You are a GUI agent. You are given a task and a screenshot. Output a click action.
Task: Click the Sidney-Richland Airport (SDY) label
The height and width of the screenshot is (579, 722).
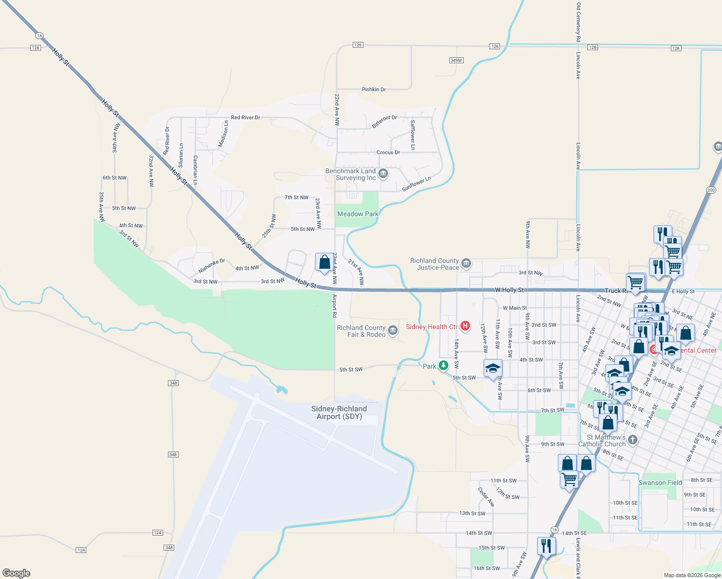click(339, 413)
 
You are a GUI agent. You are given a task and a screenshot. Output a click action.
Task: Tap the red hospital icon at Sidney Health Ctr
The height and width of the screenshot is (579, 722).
click(465, 326)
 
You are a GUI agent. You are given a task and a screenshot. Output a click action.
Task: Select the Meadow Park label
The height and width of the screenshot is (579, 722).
click(358, 214)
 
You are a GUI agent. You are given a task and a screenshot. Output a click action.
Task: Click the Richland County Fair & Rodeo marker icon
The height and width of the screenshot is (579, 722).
click(393, 331)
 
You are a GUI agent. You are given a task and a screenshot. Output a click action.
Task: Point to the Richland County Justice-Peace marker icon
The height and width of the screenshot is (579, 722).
click(466, 263)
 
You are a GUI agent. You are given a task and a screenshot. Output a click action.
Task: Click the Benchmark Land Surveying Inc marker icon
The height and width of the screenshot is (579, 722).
click(383, 174)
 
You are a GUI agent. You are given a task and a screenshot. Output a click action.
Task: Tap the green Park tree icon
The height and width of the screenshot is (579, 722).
click(443, 366)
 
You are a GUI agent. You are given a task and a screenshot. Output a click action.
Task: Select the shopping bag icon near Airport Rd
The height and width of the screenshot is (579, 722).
click(324, 262)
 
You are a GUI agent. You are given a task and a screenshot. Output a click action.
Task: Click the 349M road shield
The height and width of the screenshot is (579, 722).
click(456, 60)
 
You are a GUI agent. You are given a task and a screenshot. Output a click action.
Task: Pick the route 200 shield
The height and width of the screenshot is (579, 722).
click(711, 190)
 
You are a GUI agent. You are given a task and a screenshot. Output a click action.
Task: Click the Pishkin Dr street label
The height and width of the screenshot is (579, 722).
click(374, 89)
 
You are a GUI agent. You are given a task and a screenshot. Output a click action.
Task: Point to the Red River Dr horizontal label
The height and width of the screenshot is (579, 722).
click(246, 117)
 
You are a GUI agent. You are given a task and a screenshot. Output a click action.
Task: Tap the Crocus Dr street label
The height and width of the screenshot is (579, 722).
click(388, 152)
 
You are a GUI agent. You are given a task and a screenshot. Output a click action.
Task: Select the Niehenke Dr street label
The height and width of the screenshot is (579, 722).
click(212, 265)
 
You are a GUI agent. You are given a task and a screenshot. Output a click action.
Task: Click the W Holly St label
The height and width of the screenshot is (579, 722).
click(509, 290)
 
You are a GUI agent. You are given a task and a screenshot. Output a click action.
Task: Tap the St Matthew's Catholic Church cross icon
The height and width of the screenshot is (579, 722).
click(633, 440)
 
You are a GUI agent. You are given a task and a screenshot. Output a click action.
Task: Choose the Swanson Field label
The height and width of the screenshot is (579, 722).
click(660, 482)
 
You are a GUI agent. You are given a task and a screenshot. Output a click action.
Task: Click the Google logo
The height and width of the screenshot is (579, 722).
click(16, 573)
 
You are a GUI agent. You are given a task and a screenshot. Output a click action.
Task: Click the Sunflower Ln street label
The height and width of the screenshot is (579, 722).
click(417, 184)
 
